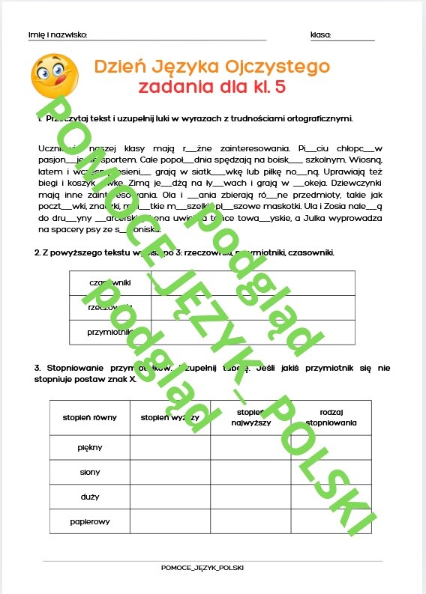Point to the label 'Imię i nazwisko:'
tap(58, 35)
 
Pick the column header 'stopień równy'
tap(89, 418)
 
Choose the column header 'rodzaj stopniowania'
tap(331, 417)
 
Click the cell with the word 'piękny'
tap(89, 447)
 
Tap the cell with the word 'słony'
tap(89, 472)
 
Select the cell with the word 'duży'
tap(89, 496)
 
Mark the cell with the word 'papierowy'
tap(89, 521)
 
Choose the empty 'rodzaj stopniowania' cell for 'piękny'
tap(331, 447)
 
